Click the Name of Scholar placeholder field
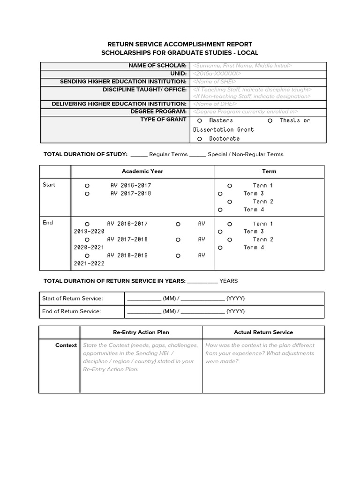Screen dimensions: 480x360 point(242,66)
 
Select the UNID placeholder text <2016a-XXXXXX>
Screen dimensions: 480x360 point(217,74)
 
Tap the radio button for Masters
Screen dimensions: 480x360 point(200,121)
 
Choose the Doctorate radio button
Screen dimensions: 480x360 point(200,139)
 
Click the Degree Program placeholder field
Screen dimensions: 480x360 point(245,112)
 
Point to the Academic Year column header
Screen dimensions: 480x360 point(142,172)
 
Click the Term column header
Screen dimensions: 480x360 point(269,172)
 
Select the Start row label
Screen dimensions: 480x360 point(49,185)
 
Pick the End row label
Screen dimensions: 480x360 point(48,223)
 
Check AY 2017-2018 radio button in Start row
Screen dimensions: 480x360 point(87,194)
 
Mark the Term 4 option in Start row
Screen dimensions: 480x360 point(220,210)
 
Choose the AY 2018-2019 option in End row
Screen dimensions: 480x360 point(87,256)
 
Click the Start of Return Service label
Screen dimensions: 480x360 point(72,299)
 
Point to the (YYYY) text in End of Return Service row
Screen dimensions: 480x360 point(235,311)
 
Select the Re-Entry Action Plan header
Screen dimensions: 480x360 point(141,332)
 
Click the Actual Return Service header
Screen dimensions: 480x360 point(263,332)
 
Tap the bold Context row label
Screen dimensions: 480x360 point(66,345)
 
